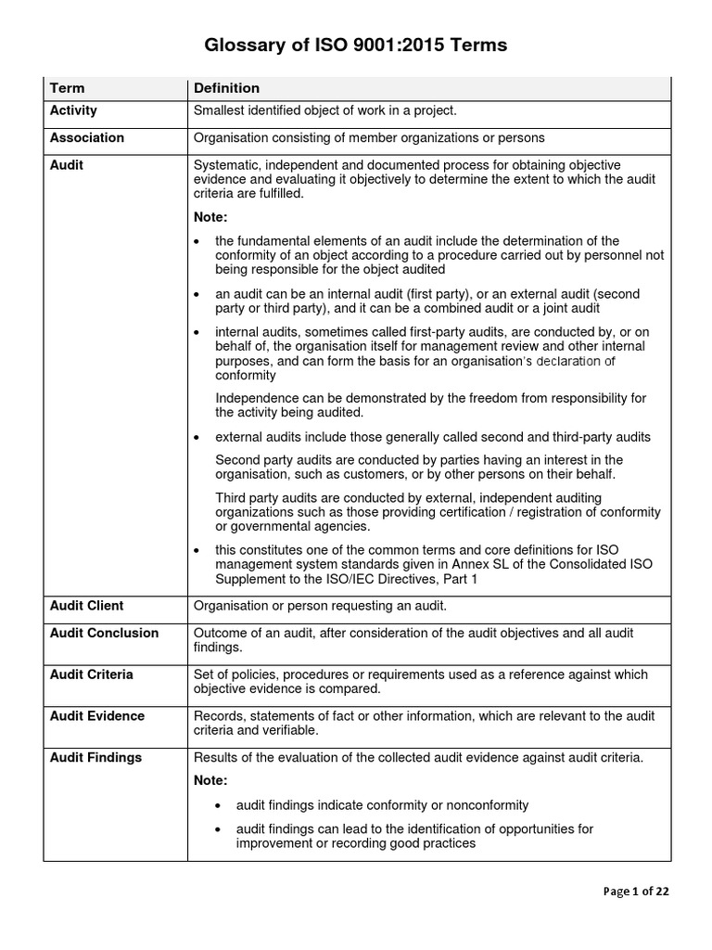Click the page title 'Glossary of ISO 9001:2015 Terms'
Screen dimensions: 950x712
pos(356,45)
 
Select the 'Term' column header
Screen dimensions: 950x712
pos(67,88)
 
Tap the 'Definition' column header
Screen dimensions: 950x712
pos(226,88)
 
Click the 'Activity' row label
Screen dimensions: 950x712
pos(73,110)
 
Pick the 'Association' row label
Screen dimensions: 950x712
pos(86,137)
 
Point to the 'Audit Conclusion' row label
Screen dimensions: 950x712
pos(104,633)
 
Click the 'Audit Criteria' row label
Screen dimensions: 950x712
pos(91,674)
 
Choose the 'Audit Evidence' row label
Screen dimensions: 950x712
pos(96,715)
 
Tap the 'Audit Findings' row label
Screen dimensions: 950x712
pos(95,757)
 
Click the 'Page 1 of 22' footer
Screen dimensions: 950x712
pos(635,892)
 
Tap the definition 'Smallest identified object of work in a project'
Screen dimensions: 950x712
pos(324,110)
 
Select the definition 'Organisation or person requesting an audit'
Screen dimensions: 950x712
pos(320,605)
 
